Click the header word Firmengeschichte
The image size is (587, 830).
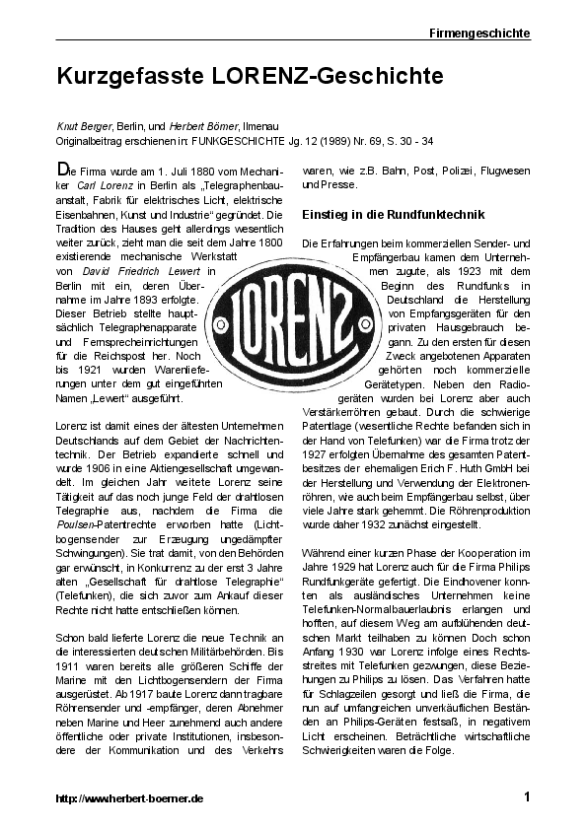(479, 33)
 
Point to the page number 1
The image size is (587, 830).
(527, 796)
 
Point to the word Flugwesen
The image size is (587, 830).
(498, 170)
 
